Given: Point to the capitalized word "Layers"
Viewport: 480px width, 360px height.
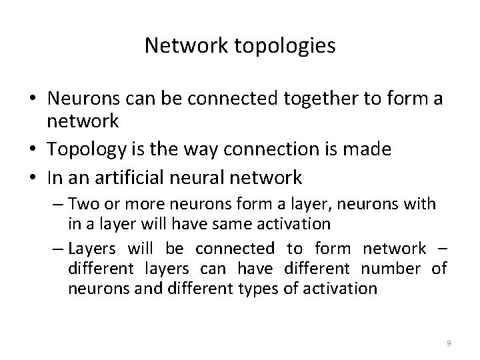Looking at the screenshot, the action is pos(91,249).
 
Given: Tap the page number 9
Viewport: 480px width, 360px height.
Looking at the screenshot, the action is pos(449,343).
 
